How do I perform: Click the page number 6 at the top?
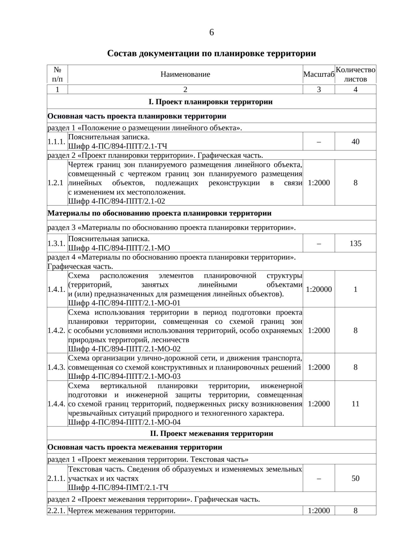click(x=211, y=32)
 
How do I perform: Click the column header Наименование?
click(x=185, y=74)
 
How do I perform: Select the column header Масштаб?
click(x=319, y=74)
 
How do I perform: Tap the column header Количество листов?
click(x=355, y=74)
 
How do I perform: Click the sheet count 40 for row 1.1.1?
click(x=355, y=142)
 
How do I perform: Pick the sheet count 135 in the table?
click(x=355, y=243)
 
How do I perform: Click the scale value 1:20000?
click(x=319, y=289)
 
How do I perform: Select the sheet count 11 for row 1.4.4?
click(x=355, y=404)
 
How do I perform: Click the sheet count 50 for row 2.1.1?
click(x=355, y=478)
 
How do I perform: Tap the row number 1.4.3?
click(x=56, y=367)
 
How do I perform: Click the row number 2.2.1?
click(x=56, y=511)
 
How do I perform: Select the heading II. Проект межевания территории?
click(x=211, y=433)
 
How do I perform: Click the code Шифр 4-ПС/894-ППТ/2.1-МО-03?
click(x=124, y=376)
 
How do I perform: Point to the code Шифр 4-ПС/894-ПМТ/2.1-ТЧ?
click(x=118, y=487)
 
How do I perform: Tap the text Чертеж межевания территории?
click(x=122, y=511)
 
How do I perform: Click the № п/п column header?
click(x=57, y=74)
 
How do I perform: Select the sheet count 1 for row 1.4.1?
click(x=355, y=289)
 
